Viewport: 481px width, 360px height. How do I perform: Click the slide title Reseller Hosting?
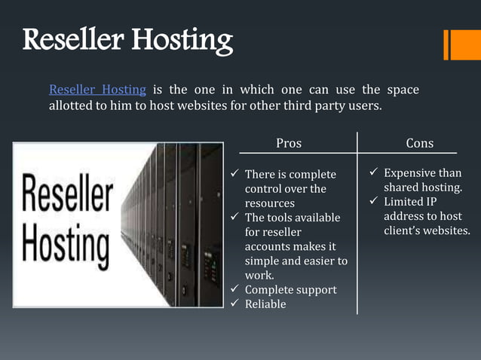pos(127,40)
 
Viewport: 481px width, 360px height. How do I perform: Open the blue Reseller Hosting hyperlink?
pos(97,90)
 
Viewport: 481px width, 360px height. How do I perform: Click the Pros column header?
pos(289,143)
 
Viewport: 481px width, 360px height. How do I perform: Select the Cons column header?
pos(420,143)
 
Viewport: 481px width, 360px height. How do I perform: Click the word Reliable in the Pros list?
pos(265,304)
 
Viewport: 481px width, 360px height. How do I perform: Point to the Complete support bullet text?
pos(290,290)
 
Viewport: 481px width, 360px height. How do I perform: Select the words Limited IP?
pos(410,202)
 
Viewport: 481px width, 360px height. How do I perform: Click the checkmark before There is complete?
pos(234,175)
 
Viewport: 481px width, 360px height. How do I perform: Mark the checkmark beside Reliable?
pos(234,304)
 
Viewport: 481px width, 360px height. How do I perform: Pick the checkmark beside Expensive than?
pos(373,174)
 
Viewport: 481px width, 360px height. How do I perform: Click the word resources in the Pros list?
pos(269,203)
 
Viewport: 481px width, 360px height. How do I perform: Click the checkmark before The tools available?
pos(234,218)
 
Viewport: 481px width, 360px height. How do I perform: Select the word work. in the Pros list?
pos(259,275)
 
